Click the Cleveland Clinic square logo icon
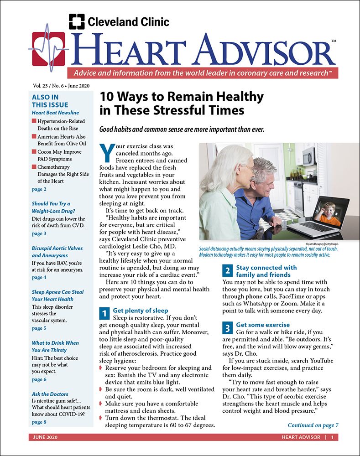coord(77,21)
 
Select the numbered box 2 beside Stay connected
coord(228,271)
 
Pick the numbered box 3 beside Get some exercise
coord(228,328)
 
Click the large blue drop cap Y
coord(105,153)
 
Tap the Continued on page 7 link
coord(313,425)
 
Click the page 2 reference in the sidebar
coord(39,189)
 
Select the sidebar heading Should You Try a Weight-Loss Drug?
coord(51,207)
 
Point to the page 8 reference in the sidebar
coord(39,422)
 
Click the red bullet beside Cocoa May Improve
coord(34,151)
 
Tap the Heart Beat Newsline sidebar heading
coord(55,113)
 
